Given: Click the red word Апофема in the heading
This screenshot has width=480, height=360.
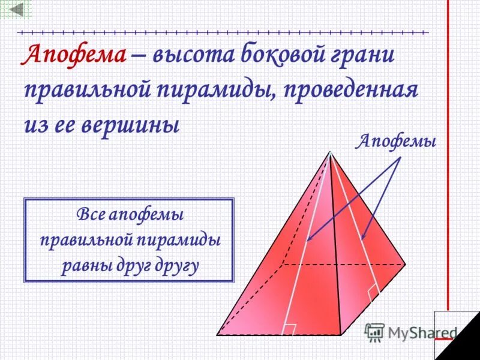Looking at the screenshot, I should click(74, 56).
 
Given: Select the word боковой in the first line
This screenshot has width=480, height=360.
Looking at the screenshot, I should click(288, 56).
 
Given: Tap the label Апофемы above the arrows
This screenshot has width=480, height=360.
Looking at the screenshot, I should click(397, 142).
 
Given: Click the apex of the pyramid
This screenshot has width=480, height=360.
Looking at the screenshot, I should click(330, 152).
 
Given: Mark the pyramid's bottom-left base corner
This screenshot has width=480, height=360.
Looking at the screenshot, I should click(217, 334).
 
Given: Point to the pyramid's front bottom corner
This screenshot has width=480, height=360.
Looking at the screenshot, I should click(340, 334).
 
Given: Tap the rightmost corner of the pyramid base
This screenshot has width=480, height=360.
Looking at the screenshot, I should click(406, 263).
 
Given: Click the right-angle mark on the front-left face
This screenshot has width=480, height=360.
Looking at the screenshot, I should click(290, 329).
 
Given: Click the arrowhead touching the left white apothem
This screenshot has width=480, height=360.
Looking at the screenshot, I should click(308, 241).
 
